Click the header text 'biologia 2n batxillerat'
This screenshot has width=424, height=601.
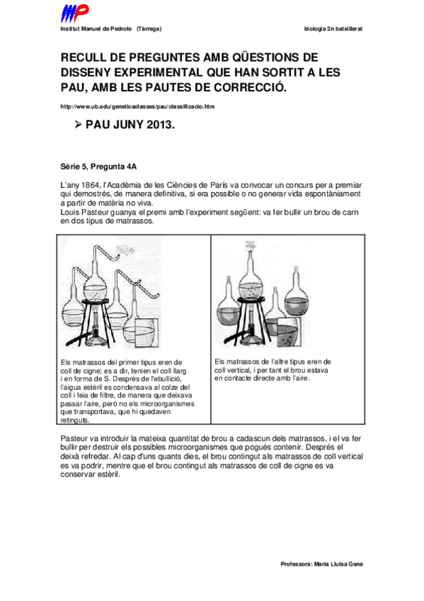click(333, 29)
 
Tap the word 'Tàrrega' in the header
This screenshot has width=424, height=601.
click(148, 29)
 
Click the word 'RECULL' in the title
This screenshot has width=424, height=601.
click(84, 58)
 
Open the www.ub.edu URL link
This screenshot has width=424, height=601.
click(137, 106)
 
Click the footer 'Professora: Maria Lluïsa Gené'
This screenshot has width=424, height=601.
click(322, 564)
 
